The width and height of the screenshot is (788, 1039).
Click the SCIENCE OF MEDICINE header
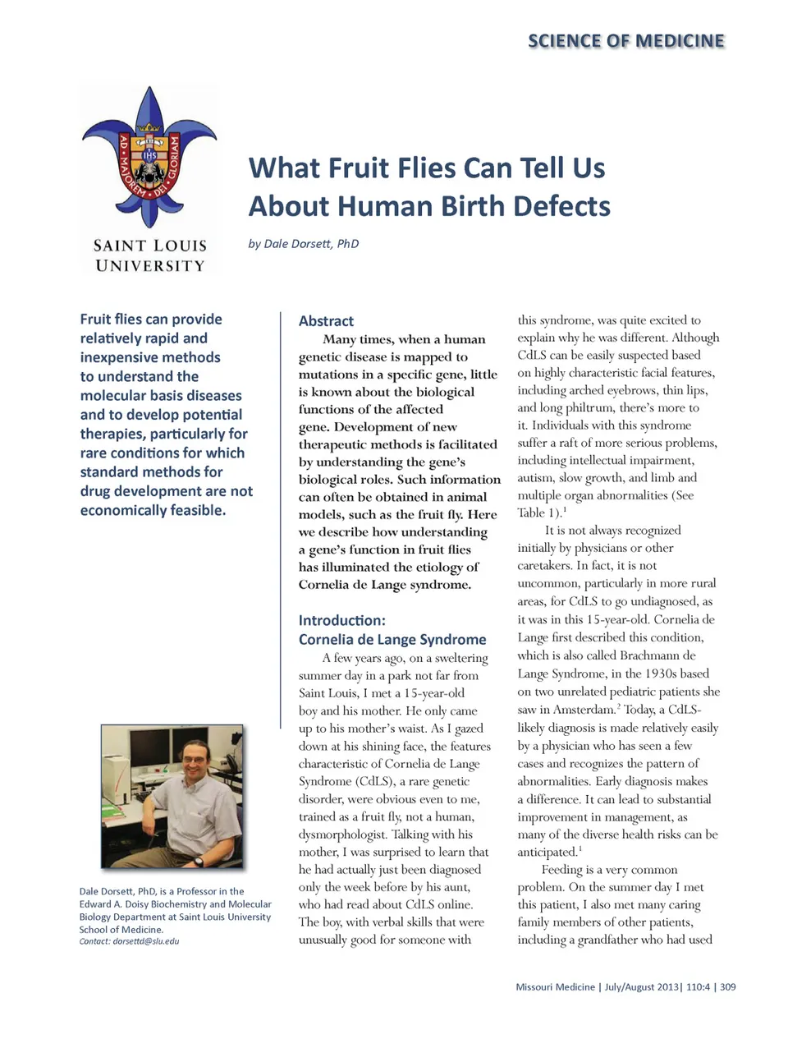click(625, 41)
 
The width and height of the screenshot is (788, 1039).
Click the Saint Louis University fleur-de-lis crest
click(149, 156)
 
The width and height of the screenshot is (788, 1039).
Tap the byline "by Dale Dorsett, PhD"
click(303, 244)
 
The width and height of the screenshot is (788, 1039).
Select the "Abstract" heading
click(326, 321)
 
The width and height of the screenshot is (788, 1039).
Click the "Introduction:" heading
click(341, 620)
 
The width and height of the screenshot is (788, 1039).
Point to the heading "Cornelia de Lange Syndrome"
click(392, 639)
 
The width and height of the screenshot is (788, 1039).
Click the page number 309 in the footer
click(727, 987)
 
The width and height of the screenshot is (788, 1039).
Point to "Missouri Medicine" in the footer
click(555, 987)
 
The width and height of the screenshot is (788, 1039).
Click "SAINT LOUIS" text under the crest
click(149, 246)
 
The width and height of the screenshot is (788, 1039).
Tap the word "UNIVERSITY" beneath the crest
click(149, 266)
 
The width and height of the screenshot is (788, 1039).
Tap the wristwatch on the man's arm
click(198, 861)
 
